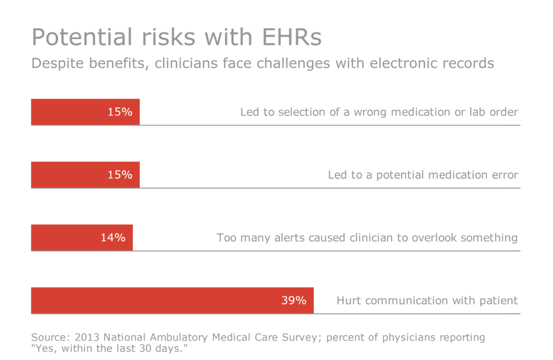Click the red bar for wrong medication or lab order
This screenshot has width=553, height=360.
[85, 112]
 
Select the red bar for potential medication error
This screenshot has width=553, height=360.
[85, 175]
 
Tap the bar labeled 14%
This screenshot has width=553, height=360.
[82, 237]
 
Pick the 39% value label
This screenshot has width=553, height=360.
[294, 301]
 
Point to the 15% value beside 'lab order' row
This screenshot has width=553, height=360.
[120, 112]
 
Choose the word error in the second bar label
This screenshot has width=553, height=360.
[504, 175]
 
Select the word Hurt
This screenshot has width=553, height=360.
[349, 301]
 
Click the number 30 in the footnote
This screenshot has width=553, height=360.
[143, 349]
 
